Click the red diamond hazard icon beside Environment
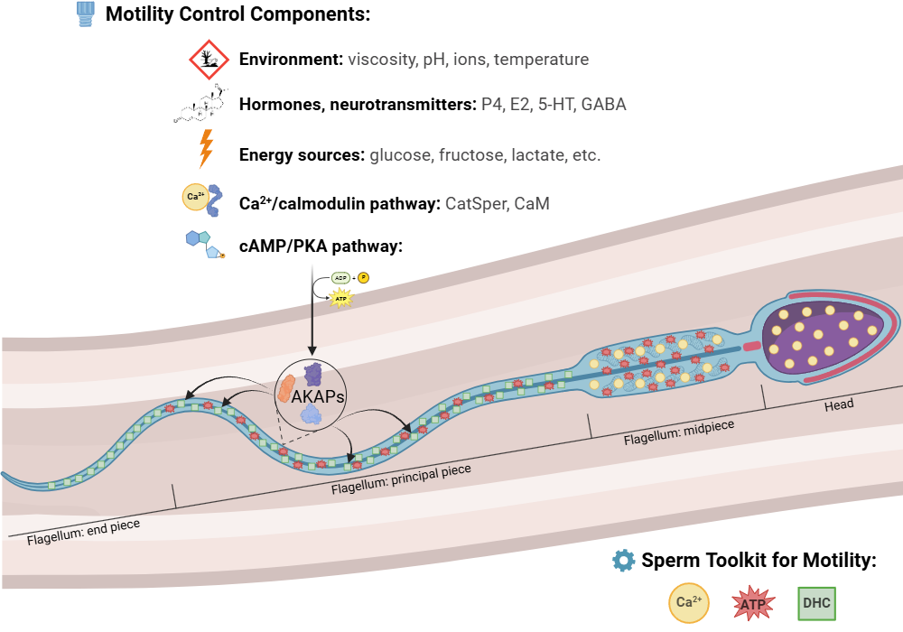click(x=209, y=60)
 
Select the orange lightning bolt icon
click(x=207, y=149)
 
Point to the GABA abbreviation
click(x=603, y=105)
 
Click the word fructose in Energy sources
click(x=470, y=155)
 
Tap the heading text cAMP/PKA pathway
click(x=321, y=246)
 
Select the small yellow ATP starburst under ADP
click(x=342, y=299)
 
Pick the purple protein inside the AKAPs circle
click(x=313, y=373)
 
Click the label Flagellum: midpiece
click(x=679, y=431)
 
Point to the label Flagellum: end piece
click(x=83, y=532)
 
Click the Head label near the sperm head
click(x=838, y=405)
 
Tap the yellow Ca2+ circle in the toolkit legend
click(x=689, y=602)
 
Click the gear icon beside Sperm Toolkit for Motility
click(x=623, y=560)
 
